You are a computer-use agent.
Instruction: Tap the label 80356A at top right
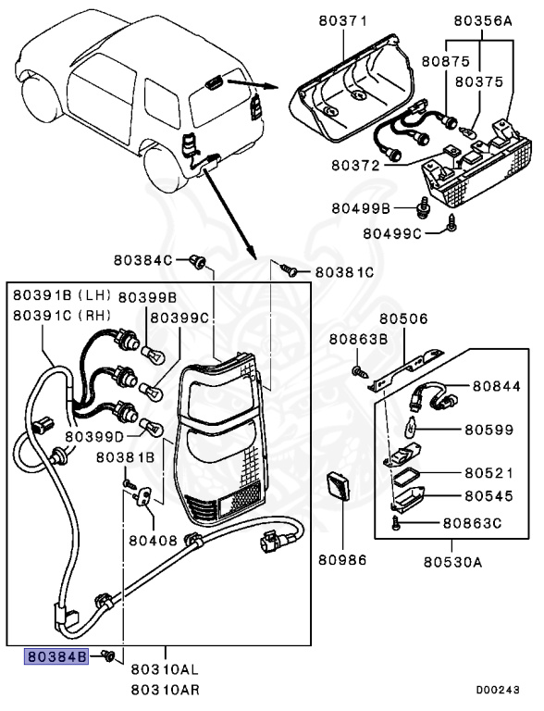(x=483, y=19)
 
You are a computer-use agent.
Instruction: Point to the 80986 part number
(x=342, y=560)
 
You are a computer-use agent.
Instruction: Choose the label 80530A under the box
(x=454, y=560)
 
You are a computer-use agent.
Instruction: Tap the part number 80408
(x=153, y=539)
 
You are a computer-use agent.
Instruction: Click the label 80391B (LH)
(x=61, y=295)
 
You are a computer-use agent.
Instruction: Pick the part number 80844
(x=499, y=386)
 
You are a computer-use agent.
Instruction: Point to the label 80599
(x=489, y=430)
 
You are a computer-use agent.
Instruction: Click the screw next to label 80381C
(x=290, y=272)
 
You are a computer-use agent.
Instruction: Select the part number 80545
(x=489, y=496)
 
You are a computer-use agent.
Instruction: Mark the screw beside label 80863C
(x=397, y=524)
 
